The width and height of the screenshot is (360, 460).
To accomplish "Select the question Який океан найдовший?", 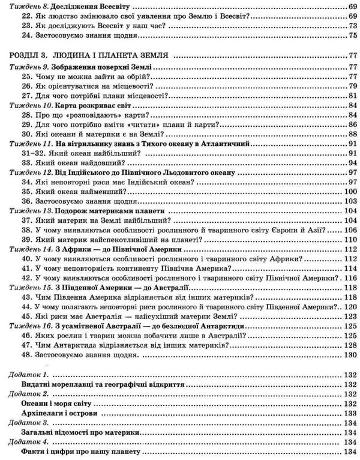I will click(81, 163).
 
